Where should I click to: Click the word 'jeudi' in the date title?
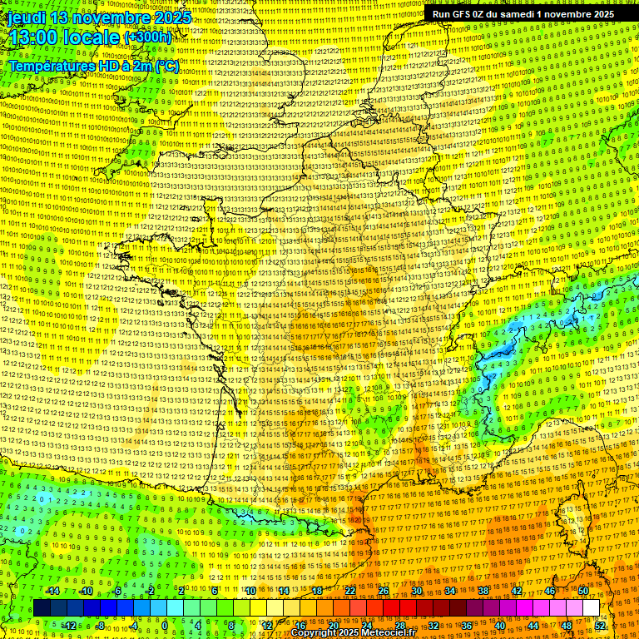[x=27, y=17]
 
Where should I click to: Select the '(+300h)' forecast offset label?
[x=148, y=37]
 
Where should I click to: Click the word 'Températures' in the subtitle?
[x=50, y=65]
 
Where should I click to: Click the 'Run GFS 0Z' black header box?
[x=523, y=14]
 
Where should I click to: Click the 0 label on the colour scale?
[x=166, y=625]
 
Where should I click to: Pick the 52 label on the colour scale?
[x=599, y=625]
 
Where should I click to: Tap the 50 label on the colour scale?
[x=582, y=591]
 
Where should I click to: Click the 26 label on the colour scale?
[x=383, y=591]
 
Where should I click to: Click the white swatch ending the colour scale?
[x=591, y=608]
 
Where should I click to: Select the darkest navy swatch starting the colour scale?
[x=42, y=608]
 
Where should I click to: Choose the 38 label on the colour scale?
[x=483, y=591]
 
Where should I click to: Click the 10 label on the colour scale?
[x=250, y=591]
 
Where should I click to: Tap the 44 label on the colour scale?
[x=532, y=625]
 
